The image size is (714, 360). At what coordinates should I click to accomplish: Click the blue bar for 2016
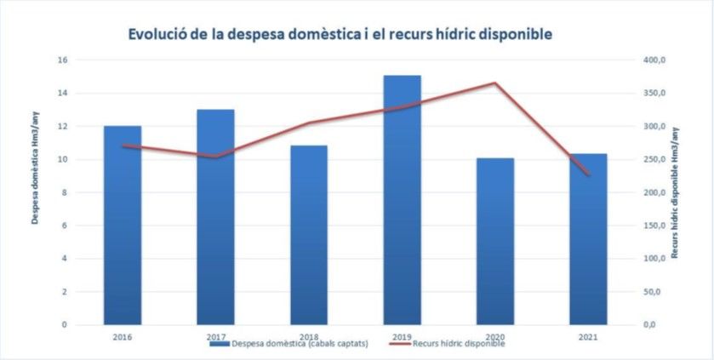tap(123, 225)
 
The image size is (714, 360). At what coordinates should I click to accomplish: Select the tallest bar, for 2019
tap(402, 200)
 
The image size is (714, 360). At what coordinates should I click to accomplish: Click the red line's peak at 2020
tap(494, 83)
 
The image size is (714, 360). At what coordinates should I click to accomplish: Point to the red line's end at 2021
tap(587, 174)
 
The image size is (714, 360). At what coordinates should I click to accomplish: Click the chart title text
tap(340, 34)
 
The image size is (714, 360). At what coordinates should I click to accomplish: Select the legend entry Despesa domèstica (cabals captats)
tap(288, 344)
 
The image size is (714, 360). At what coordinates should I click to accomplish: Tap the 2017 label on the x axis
tap(215, 337)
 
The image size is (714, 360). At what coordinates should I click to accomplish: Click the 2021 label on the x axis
tap(587, 337)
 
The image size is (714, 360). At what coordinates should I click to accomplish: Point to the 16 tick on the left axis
tap(62, 60)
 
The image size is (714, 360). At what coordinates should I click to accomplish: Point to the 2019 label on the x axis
tap(402, 337)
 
